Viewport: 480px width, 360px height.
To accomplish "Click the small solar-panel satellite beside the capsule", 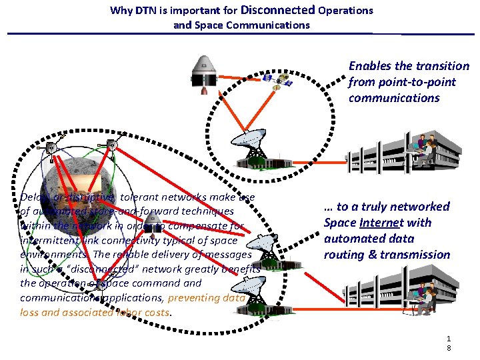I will click(276, 79).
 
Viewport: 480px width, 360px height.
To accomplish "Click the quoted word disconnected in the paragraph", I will click(83, 269).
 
